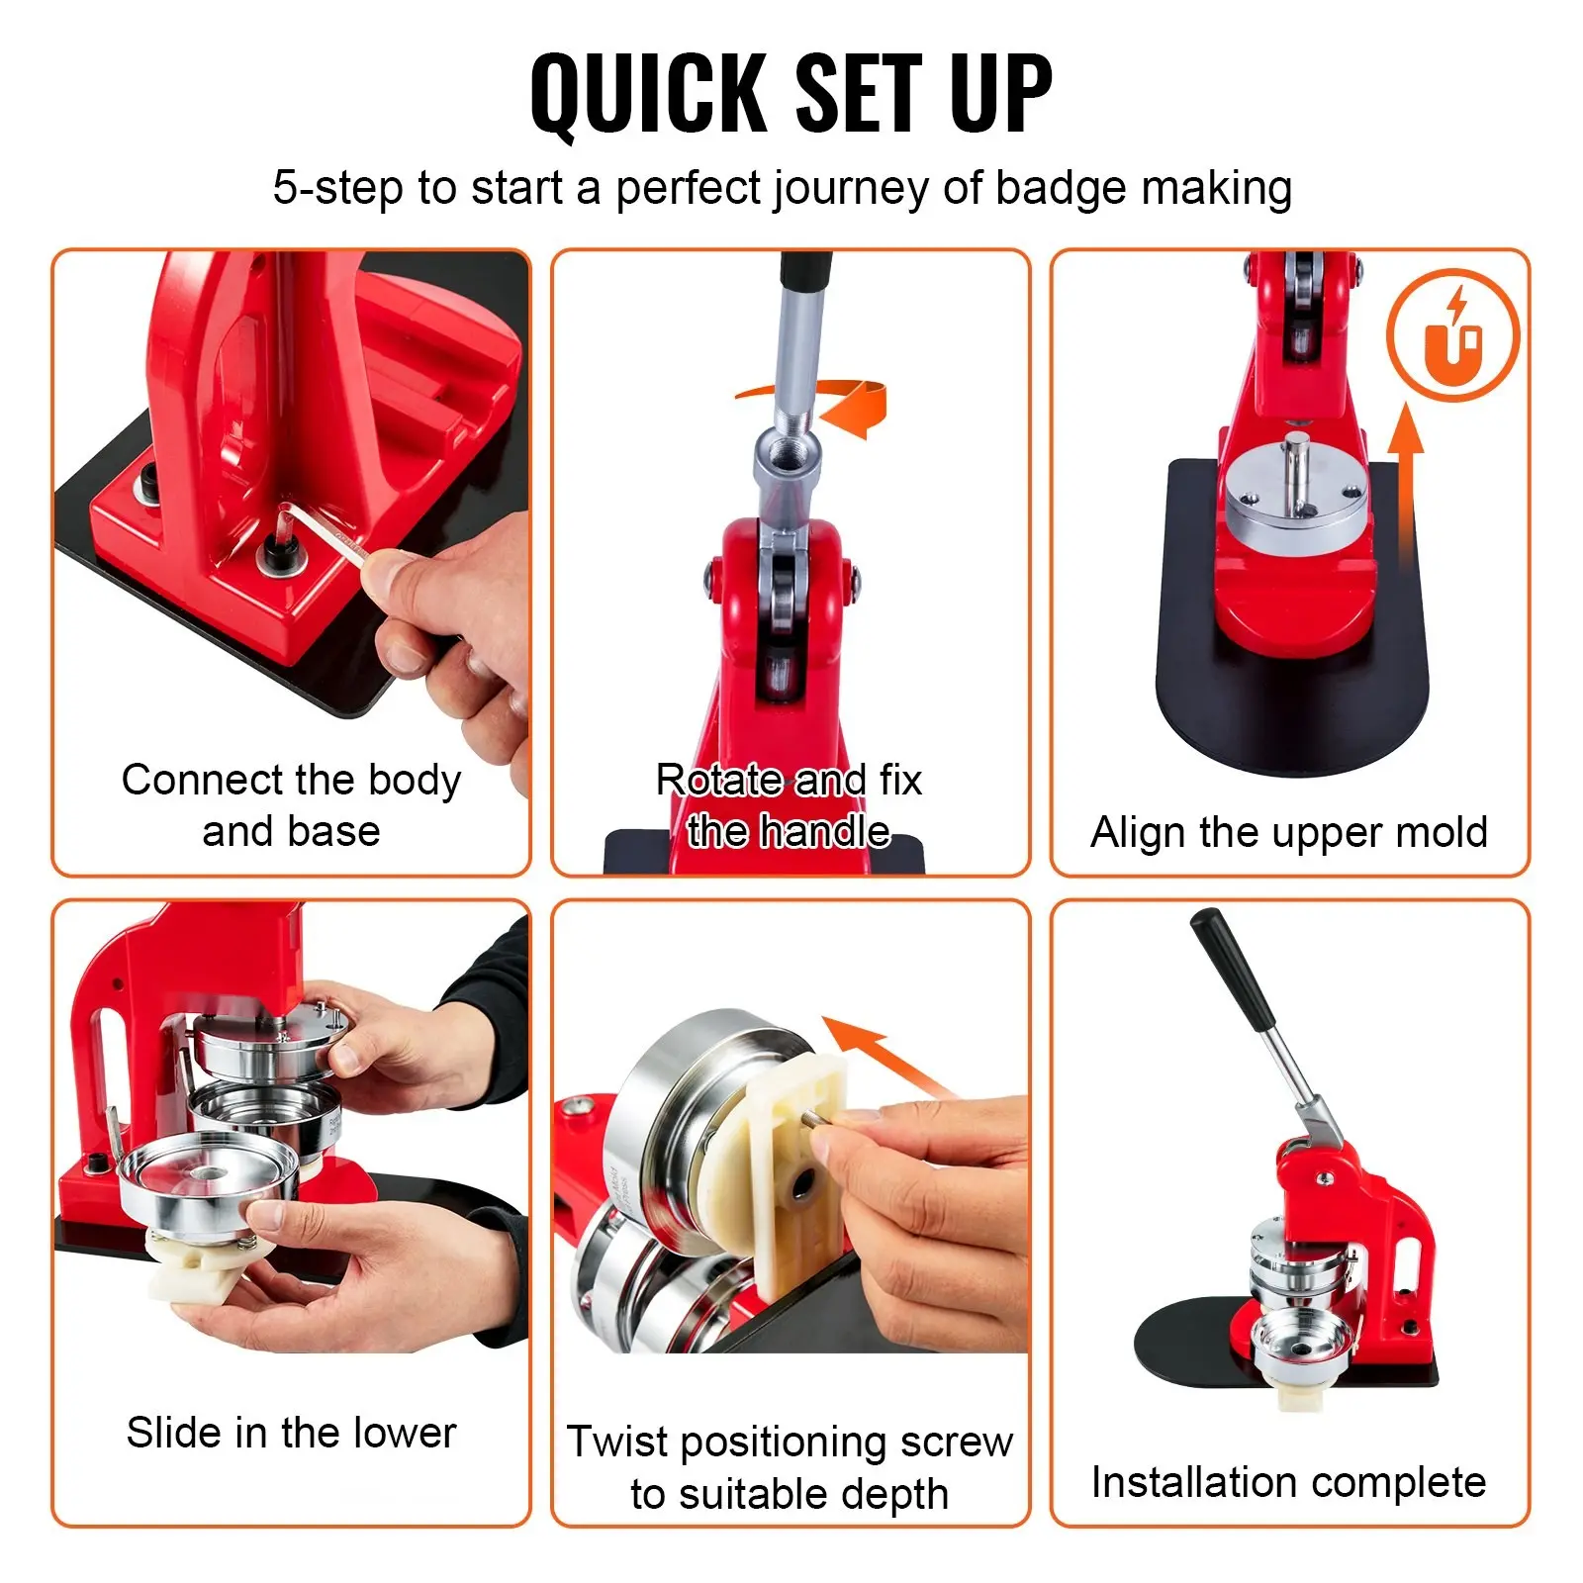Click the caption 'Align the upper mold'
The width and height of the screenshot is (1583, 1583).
(1289, 832)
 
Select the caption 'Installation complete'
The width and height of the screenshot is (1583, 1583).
(1289, 1482)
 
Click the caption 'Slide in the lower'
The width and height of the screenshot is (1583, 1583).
(291, 1432)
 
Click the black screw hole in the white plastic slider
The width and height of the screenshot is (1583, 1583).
(802, 1182)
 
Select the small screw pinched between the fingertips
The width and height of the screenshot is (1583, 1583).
(819, 1118)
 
